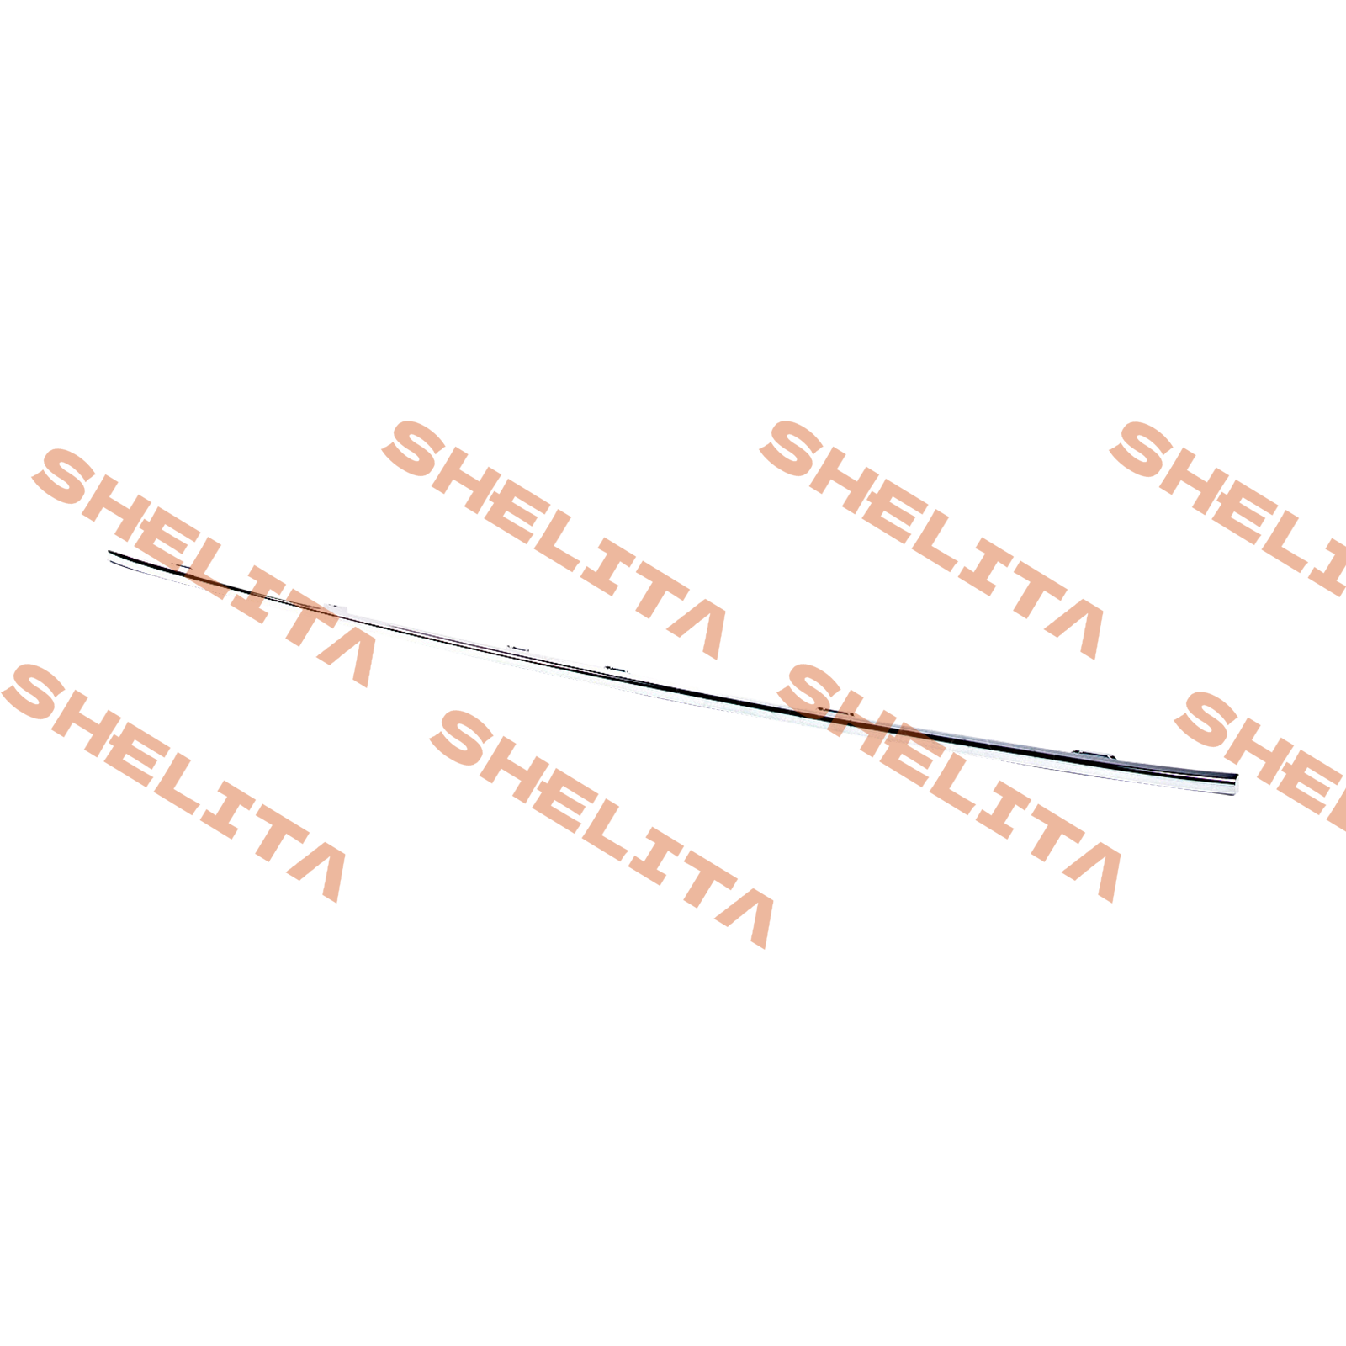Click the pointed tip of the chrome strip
point(110,553)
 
